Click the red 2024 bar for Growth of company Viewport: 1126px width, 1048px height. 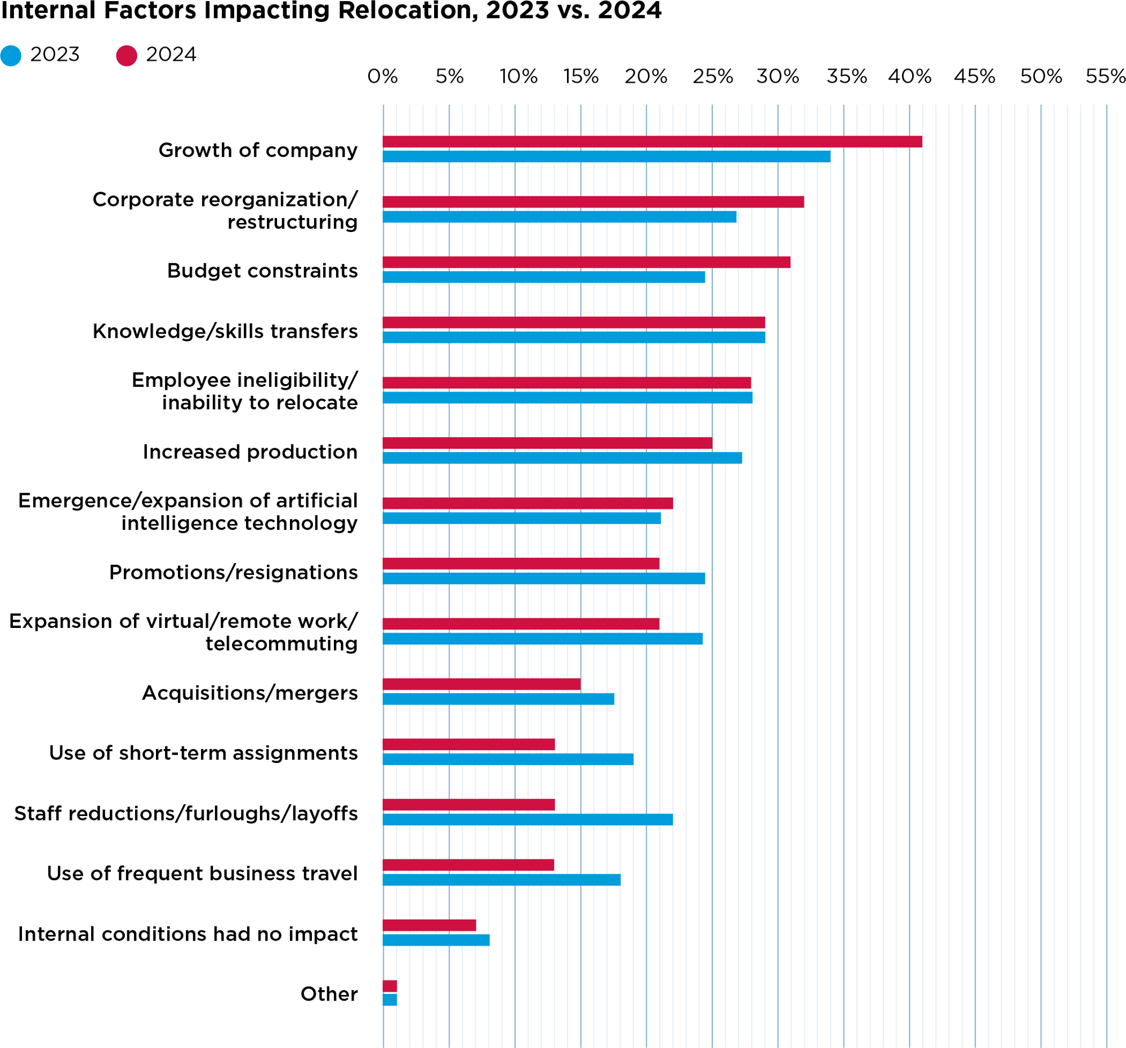click(x=651, y=141)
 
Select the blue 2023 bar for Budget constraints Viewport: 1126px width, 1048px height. click(x=544, y=277)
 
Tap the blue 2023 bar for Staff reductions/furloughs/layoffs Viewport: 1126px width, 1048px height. click(x=528, y=819)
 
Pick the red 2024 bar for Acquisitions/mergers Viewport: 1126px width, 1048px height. click(x=481, y=684)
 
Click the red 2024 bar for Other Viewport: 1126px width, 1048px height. click(x=390, y=985)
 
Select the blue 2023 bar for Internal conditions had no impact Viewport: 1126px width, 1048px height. click(x=436, y=940)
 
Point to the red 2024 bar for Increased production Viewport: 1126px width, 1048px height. click(x=547, y=443)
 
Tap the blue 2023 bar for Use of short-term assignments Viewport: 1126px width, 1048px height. click(x=508, y=759)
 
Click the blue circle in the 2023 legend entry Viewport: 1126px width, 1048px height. click(x=11, y=56)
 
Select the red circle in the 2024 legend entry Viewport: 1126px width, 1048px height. click(x=126, y=56)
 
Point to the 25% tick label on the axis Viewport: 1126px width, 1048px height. click(x=713, y=77)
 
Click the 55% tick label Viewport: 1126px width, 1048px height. click(x=1105, y=77)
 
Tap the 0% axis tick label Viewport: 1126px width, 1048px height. click(x=382, y=77)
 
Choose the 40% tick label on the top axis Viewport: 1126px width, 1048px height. click(x=909, y=77)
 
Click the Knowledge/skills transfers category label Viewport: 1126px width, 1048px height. click(x=225, y=331)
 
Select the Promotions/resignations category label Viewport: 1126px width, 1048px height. click(x=233, y=572)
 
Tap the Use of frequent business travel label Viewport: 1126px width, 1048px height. click(x=202, y=873)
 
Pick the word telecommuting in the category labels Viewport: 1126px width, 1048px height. click(x=281, y=644)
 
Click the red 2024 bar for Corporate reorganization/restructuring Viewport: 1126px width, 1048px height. click(x=593, y=202)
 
